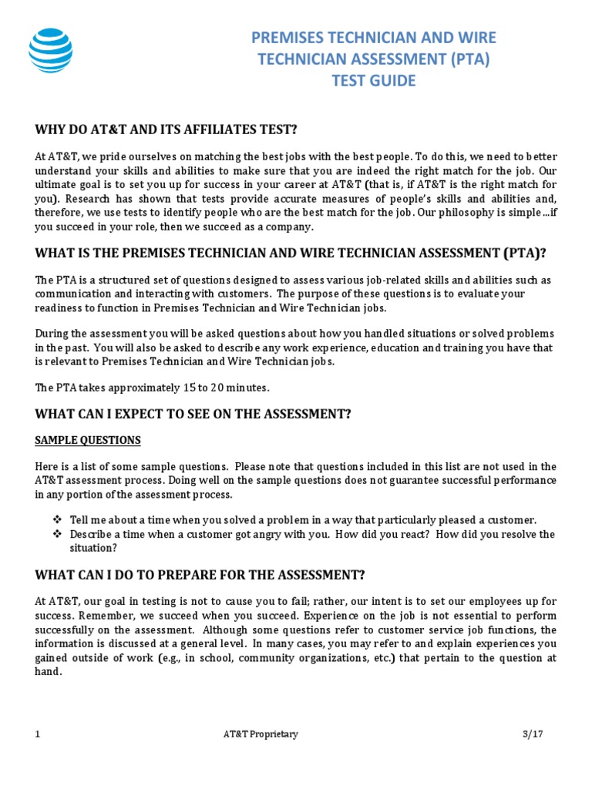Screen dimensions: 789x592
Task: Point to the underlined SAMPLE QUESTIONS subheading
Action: pos(88,440)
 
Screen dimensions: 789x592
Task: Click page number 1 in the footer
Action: pos(38,734)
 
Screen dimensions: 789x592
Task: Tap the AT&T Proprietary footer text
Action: pos(255,734)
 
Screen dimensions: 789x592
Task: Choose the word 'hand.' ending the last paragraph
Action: pos(48,671)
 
